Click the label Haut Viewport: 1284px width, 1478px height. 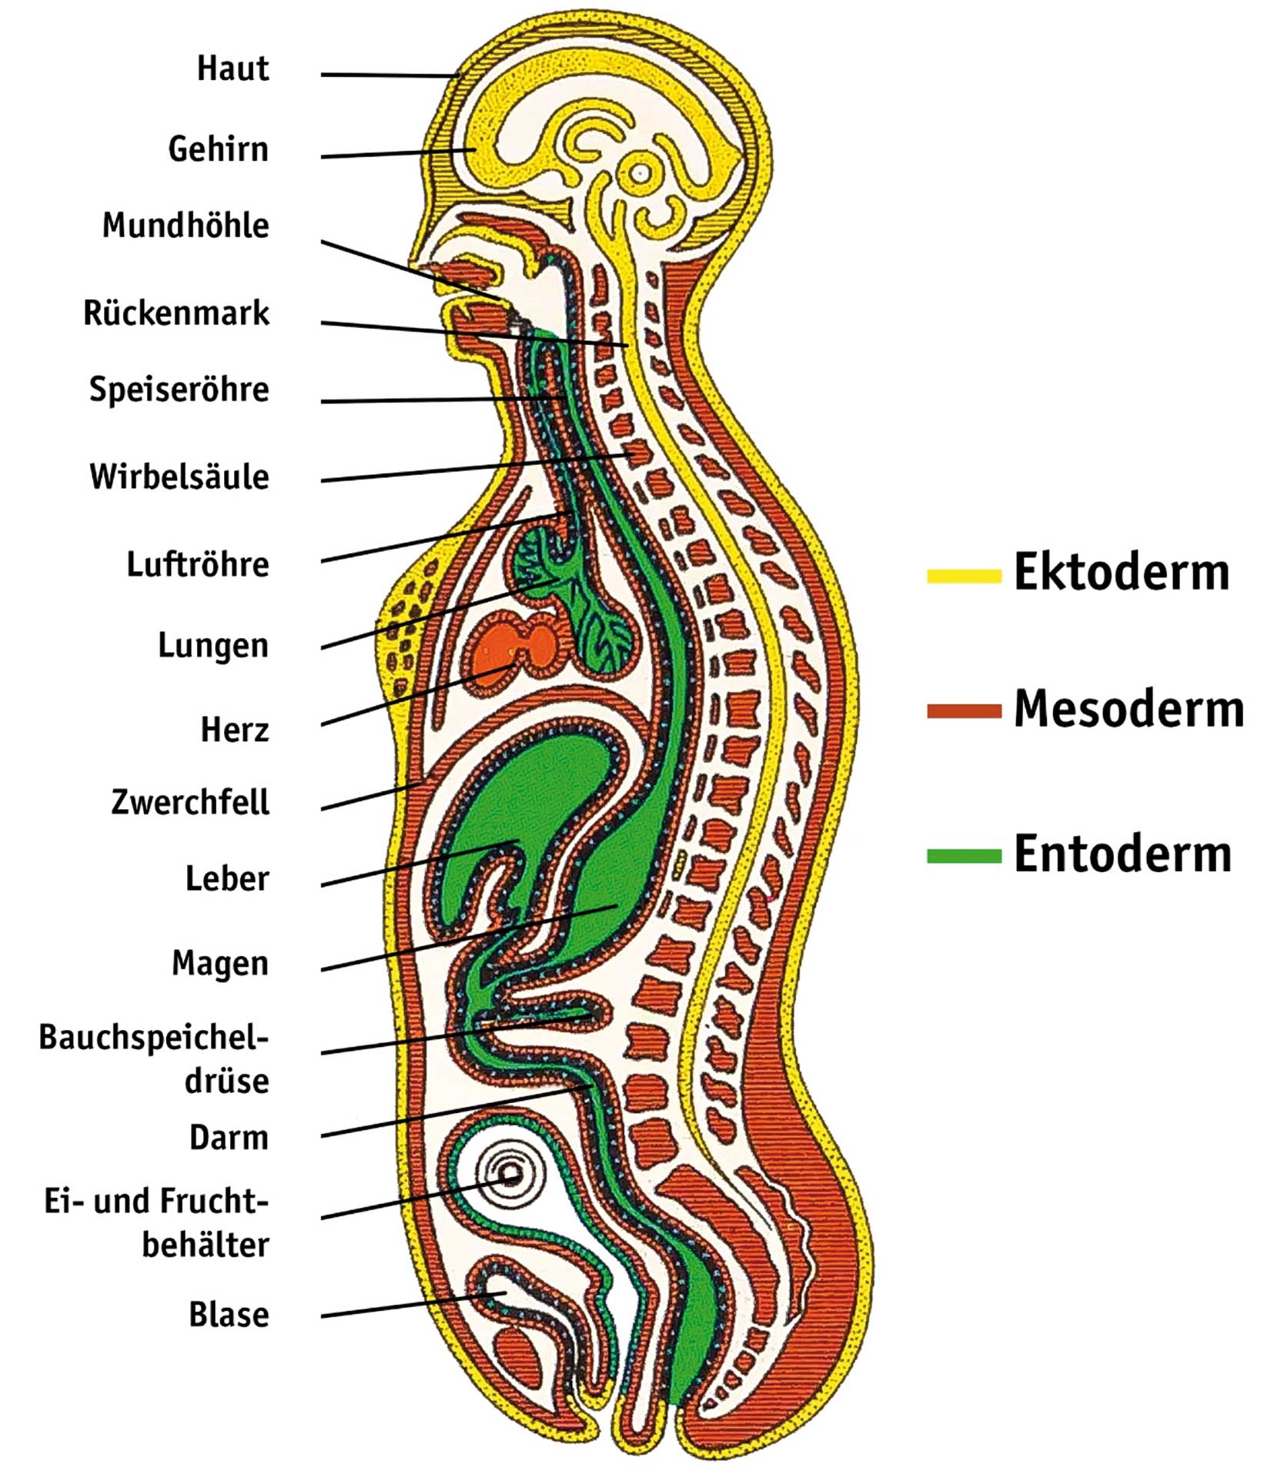[x=232, y=69]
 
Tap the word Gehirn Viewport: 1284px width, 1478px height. [x=218, y=149]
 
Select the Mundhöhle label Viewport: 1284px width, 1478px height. [x=186, y=226]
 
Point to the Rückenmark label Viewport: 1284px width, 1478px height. [x=176, y=313]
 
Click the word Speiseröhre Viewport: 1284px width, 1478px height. [x=179, y=390]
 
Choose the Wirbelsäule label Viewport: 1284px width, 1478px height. [x=179, y=477]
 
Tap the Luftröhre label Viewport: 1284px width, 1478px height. [x=198, y=564]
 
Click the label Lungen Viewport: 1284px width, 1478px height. [x=212, y=646]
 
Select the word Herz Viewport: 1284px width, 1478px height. [x=235, y=730]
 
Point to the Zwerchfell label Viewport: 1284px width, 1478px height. [x=190, y=802]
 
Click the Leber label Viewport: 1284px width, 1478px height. [x=227, y=878]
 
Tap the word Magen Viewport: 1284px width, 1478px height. [x=220, y=963]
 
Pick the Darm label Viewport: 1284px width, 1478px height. [x=229, y=1138]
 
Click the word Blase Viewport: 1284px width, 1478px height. [x=229, y=1315]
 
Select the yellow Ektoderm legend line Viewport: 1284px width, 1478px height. [x=963, y=575]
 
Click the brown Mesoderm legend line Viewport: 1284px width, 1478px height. [x=963, y=711]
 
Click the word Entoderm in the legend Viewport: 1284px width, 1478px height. [x=1122, y=854]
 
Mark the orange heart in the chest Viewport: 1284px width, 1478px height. [x=514, y=647]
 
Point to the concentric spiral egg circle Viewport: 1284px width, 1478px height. [x=509, y=1176]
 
